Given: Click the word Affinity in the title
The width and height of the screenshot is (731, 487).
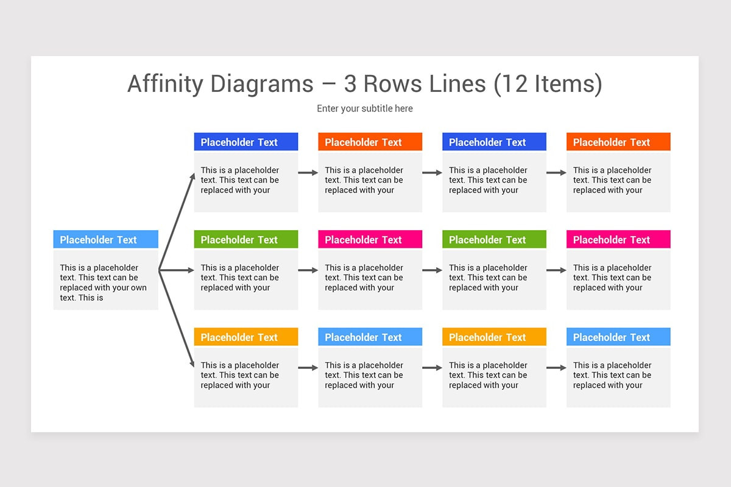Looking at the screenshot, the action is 166,84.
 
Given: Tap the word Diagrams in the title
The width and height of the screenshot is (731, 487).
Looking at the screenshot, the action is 262,84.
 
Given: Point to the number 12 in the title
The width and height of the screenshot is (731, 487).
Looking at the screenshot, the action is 514,84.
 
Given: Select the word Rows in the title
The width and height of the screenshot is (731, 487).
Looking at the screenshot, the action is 392,84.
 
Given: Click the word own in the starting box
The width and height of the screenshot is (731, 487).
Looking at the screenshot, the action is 139,288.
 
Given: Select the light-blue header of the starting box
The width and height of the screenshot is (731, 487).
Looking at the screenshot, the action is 106,239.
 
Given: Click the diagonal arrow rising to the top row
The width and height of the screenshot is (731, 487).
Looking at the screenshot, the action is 177,222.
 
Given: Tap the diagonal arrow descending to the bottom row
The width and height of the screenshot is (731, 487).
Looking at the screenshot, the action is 177,319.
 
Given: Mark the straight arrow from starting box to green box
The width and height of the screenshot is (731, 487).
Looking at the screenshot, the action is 176,270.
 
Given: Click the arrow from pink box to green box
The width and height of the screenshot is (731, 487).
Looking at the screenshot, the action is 432,270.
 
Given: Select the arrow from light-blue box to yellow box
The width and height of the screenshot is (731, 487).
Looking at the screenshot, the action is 432,368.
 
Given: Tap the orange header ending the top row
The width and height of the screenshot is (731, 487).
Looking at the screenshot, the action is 618,142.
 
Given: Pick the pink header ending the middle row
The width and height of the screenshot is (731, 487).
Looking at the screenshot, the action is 618,239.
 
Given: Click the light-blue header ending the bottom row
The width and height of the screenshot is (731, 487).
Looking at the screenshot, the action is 618,337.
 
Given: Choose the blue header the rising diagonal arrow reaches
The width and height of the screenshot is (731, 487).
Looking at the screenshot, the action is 246,142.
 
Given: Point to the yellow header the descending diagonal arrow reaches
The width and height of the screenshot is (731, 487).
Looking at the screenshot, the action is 246,337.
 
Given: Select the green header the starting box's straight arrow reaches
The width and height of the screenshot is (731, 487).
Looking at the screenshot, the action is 246,239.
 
